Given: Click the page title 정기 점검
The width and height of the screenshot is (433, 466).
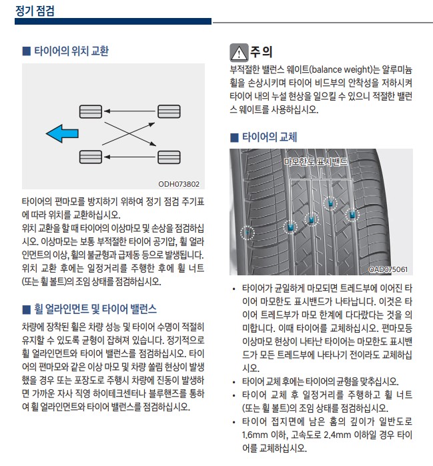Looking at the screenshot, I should click(35, 11).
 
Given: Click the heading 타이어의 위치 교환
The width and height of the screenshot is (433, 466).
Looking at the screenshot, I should click(71, 51).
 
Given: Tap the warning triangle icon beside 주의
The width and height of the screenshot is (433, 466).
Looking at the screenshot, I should click(238, 52).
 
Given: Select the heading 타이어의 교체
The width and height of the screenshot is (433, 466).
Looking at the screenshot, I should click(269, 137).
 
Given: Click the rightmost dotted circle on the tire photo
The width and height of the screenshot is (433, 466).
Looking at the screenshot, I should click(352, 215).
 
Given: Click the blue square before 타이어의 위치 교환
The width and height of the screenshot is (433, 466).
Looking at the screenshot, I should click(26, 51).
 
